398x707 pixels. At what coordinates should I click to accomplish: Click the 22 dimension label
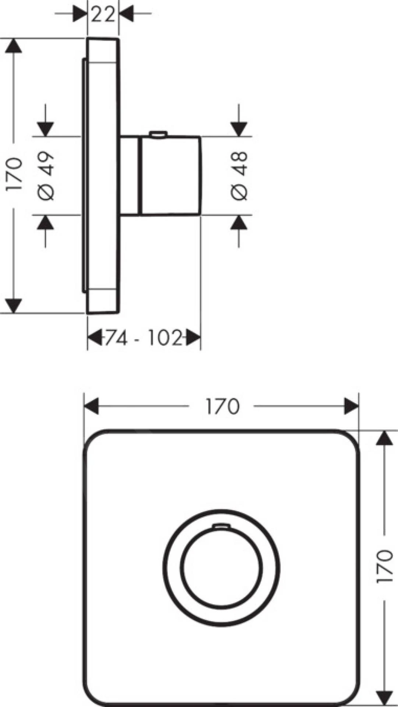pos(103,14)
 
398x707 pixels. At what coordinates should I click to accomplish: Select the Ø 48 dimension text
pos(239,176)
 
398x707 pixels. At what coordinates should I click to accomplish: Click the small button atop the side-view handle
pos(158,134)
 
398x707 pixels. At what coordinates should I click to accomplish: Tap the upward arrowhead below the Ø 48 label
pos(239,223)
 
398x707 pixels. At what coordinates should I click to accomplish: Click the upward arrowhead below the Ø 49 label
pos(46,223)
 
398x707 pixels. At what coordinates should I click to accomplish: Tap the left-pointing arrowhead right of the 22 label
pos(126,14)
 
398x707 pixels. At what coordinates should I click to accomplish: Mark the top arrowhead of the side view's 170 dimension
pos(13,46)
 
